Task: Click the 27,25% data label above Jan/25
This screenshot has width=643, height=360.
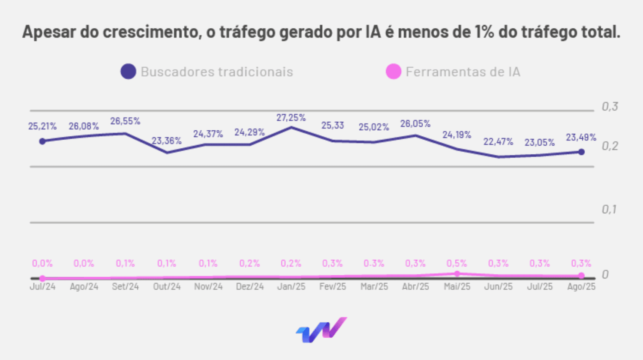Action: pos(291,117)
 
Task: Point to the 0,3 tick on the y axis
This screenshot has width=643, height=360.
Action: pos(610,106)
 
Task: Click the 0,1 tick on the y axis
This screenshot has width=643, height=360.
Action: pos(609,209)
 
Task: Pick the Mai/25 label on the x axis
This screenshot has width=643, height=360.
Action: pos(457,286)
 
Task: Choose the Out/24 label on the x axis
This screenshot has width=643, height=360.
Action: pos(167,286)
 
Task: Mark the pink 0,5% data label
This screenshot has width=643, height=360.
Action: pos(457,263)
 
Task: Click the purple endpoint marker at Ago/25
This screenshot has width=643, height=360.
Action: pos(581,152)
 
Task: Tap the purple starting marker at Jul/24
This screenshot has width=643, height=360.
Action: pos(42,141)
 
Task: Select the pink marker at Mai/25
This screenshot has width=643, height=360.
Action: pos(457,273)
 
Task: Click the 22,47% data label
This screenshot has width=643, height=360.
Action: pos(498,141)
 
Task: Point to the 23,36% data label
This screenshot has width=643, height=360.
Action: pos(167,141)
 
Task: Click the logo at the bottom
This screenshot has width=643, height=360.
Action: pos(321,330)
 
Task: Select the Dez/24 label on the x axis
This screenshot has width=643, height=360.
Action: pos(249,286)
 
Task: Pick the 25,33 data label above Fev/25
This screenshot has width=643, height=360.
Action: pos(333,125)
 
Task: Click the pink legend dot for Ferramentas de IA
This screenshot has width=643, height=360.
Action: pos(393,72)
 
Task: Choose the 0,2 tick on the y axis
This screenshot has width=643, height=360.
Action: pos(610,146)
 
